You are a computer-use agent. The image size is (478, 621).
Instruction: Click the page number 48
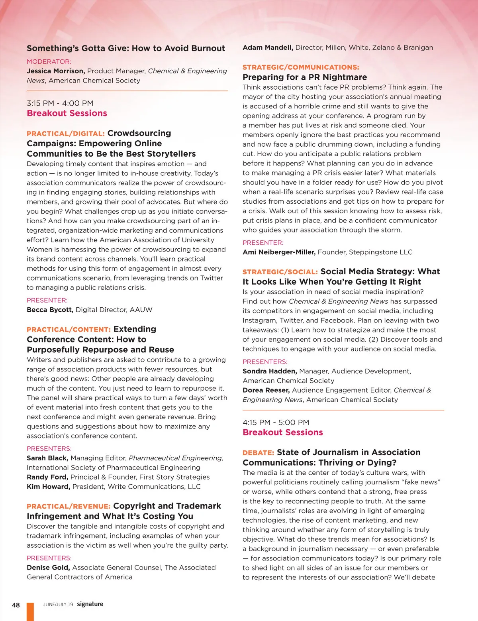pos(16,605)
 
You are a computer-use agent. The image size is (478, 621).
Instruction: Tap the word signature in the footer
pos(90,604)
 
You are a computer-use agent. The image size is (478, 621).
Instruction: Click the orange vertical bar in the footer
pos(30,611)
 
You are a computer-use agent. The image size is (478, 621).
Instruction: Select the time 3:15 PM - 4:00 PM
pos(60,103)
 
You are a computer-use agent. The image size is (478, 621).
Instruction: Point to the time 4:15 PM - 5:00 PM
pos(276,423)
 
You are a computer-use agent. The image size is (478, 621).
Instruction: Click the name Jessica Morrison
pos(56,71)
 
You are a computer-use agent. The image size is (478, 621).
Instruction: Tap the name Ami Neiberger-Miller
pos(279,252)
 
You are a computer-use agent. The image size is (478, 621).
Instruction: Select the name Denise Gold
pos(48,568)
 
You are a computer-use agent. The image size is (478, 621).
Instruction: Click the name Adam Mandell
pos(268,48)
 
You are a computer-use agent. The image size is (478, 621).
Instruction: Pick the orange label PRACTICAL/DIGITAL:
pos(66,134)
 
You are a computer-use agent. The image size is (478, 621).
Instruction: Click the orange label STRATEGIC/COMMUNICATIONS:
pos(301,67)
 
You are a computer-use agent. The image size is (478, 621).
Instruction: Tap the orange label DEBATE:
pos(258,453)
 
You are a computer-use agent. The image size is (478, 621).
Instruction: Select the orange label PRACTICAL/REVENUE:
pos(69,507)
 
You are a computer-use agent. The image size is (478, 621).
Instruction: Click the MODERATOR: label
pos(49,62)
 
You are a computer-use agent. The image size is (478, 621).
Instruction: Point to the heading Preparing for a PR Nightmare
pos(305,77)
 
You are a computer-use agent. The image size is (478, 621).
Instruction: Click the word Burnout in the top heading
pos(208,49)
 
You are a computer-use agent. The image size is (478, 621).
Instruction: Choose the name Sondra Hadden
pos(270,371)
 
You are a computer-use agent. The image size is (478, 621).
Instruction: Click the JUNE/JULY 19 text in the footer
pos(58,605)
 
